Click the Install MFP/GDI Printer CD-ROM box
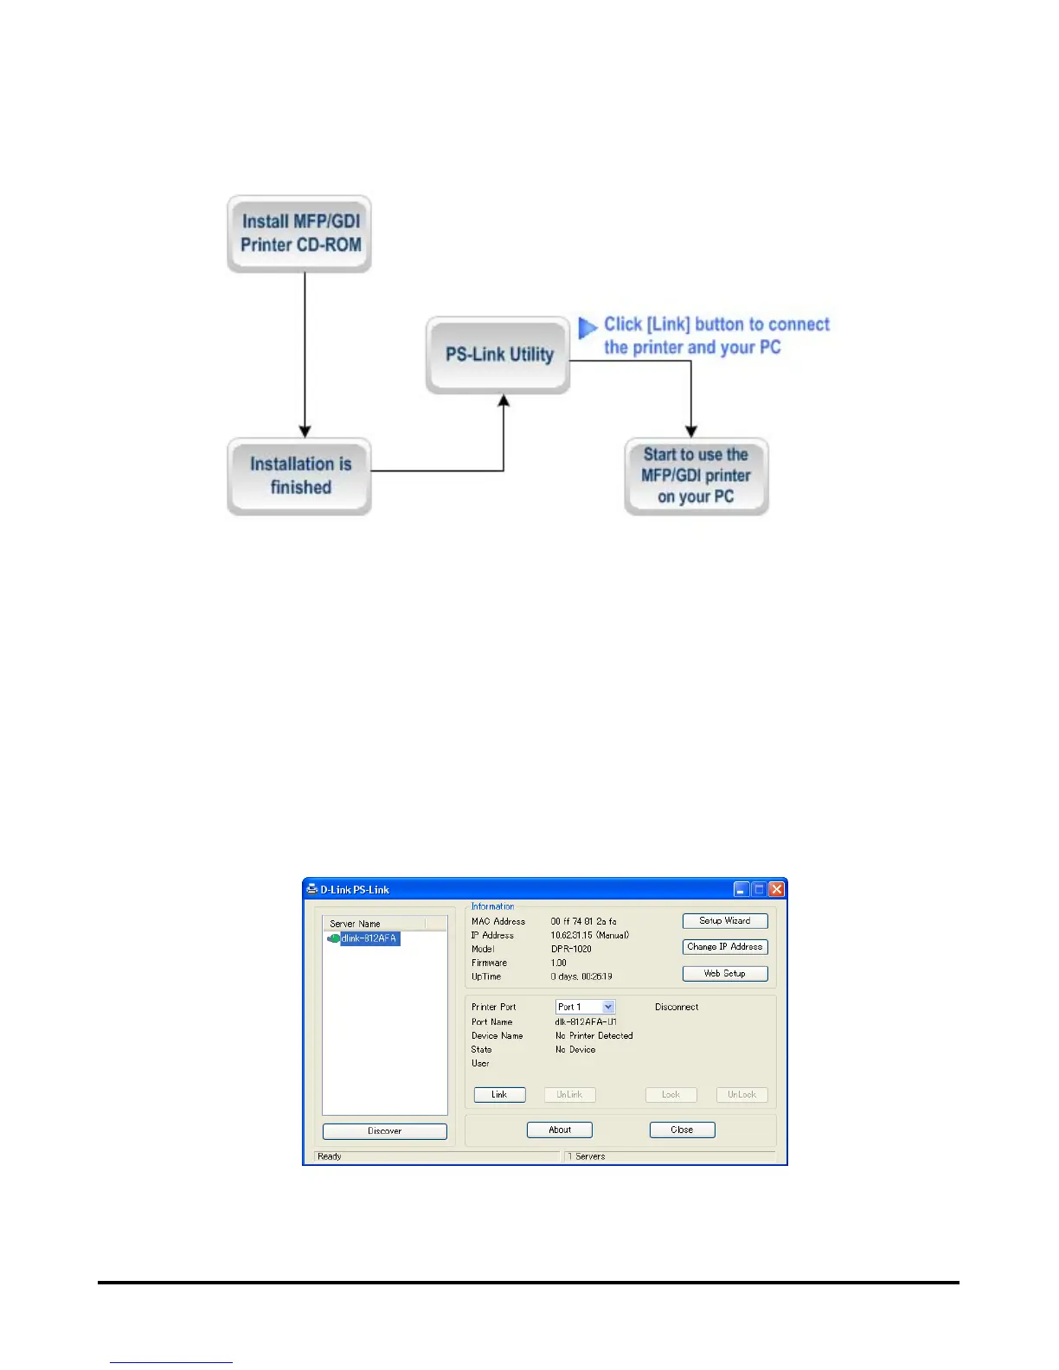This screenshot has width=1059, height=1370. coord(299,234)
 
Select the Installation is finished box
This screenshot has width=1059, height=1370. coord(299,476)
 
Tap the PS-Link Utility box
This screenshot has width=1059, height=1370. coord(498,355)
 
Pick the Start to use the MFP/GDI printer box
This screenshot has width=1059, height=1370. coord(696,476)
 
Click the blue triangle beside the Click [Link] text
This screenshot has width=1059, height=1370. coord(587,328)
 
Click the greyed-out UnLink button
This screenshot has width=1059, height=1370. coord(569,1095)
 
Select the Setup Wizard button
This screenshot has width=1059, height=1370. coord(725,921)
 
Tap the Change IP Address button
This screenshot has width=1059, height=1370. coord(725,947)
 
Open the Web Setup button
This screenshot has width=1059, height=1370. coord(725,974)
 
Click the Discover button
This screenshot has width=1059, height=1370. coord(385,1131)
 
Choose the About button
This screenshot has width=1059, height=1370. coord(560,1130)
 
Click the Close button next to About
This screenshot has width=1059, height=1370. coord(682,1130)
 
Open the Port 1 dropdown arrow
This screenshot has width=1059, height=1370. coord(608,1008)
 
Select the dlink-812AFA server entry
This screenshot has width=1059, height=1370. coord(369,938)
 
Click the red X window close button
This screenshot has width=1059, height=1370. coord(776,889)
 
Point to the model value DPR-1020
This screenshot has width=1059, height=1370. coord(571,949)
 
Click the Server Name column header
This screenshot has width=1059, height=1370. coord(374,924)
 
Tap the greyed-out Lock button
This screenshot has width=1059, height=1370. coord(671,1095)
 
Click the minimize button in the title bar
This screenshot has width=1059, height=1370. coord(741,889)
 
